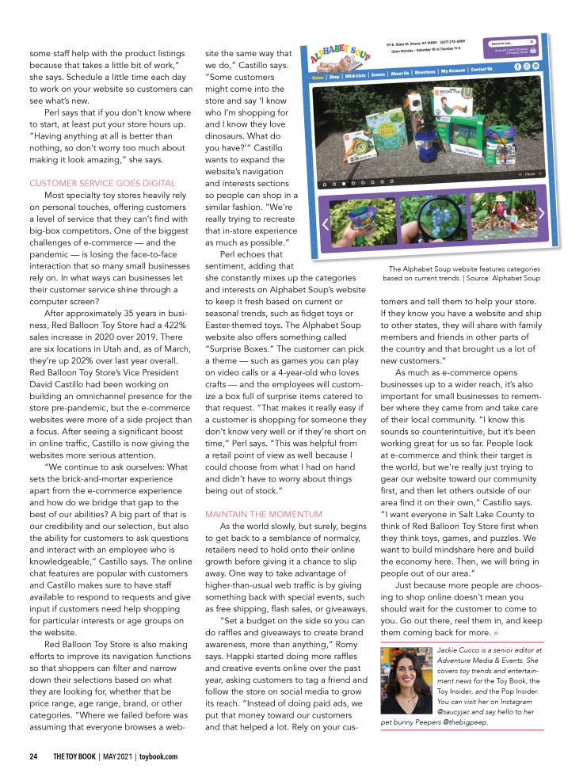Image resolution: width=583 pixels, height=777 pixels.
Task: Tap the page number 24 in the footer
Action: (x=33, y=756)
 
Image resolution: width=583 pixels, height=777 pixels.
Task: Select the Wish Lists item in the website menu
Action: (x=356, y=76)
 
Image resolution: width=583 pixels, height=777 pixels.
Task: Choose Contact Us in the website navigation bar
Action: (x=481, y=70)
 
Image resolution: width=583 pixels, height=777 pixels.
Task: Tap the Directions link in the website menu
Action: (x=424, y=72)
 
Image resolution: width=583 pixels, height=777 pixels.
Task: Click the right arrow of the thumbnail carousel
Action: (x=541, y=212)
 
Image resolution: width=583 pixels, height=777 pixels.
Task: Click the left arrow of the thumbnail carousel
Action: (x=325, y=223)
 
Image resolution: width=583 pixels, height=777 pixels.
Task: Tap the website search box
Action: (x=509, y=42)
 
